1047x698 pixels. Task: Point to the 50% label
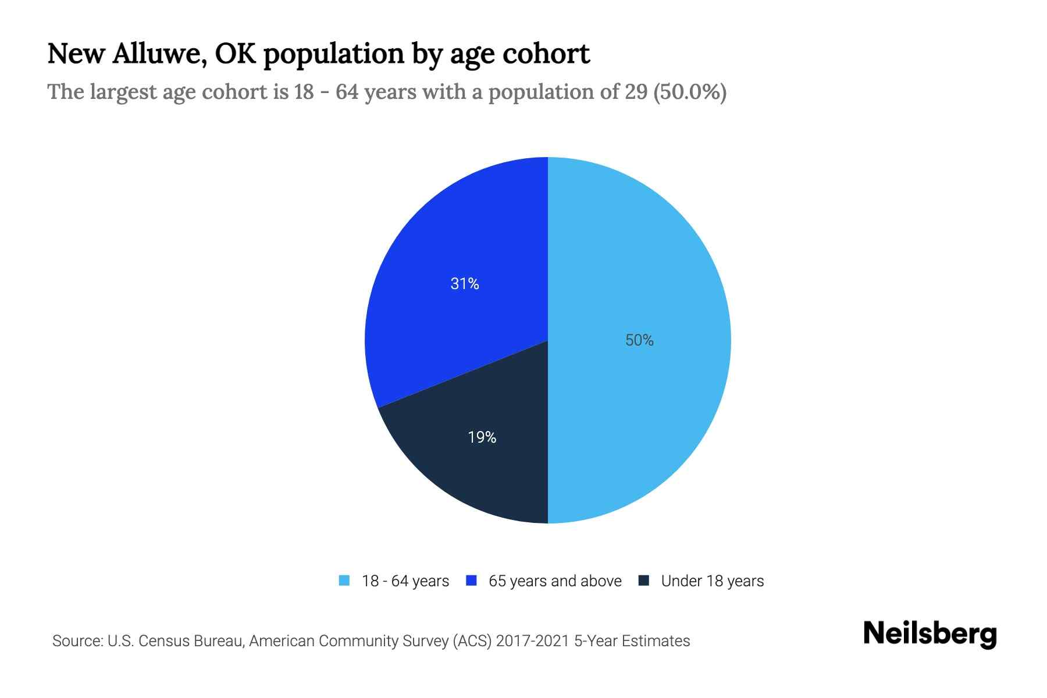pos(639,340)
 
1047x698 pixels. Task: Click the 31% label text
pos(465,284)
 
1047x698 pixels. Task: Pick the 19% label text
pos(482,437)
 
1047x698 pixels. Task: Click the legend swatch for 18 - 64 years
pos(344,581)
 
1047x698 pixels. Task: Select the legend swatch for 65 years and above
pos(471,581)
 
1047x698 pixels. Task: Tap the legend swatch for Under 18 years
pos(643,581)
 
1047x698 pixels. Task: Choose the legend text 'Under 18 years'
pos(712,581)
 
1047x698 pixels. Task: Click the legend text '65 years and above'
pos(555,581)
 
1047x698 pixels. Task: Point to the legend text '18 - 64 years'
pos(405,581)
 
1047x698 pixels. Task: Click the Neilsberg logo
pos(930,634)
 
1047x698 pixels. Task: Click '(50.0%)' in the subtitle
pos(690,92)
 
